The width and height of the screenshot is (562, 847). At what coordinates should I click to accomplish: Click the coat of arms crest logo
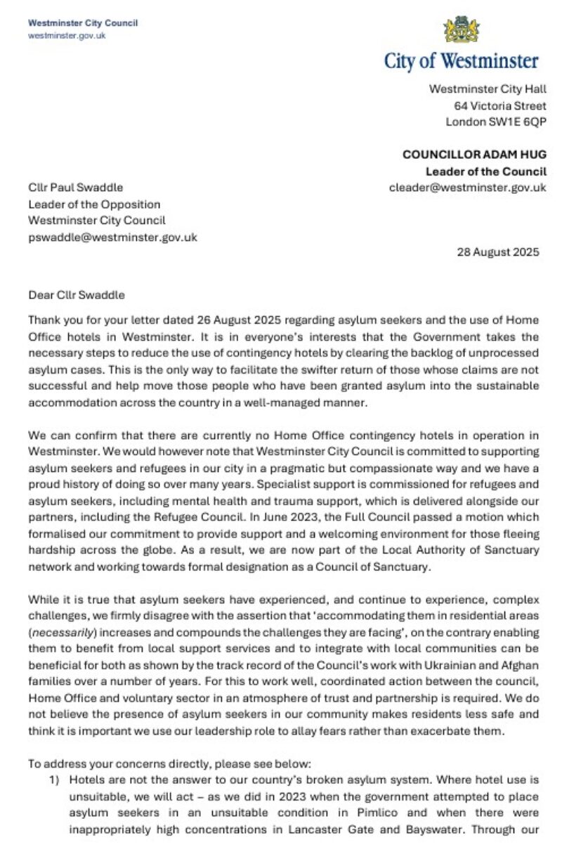(x=462, y=29)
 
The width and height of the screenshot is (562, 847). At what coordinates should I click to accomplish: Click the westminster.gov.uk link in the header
(x=67, y=35)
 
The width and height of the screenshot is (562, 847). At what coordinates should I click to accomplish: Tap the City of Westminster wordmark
(x=462, y=61)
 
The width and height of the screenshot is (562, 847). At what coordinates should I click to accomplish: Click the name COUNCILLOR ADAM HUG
(x=474, y=155)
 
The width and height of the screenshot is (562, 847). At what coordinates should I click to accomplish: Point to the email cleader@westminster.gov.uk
(x=467, y=188)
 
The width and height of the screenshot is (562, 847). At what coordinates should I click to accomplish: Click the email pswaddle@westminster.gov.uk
(x=112, y=237)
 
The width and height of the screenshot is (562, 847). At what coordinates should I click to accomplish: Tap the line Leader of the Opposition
(x=94, y=204)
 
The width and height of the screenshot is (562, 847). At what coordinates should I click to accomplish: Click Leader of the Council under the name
(x=486, y=171)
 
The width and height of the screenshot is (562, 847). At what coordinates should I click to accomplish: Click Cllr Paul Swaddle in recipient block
(x=75, y=188)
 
